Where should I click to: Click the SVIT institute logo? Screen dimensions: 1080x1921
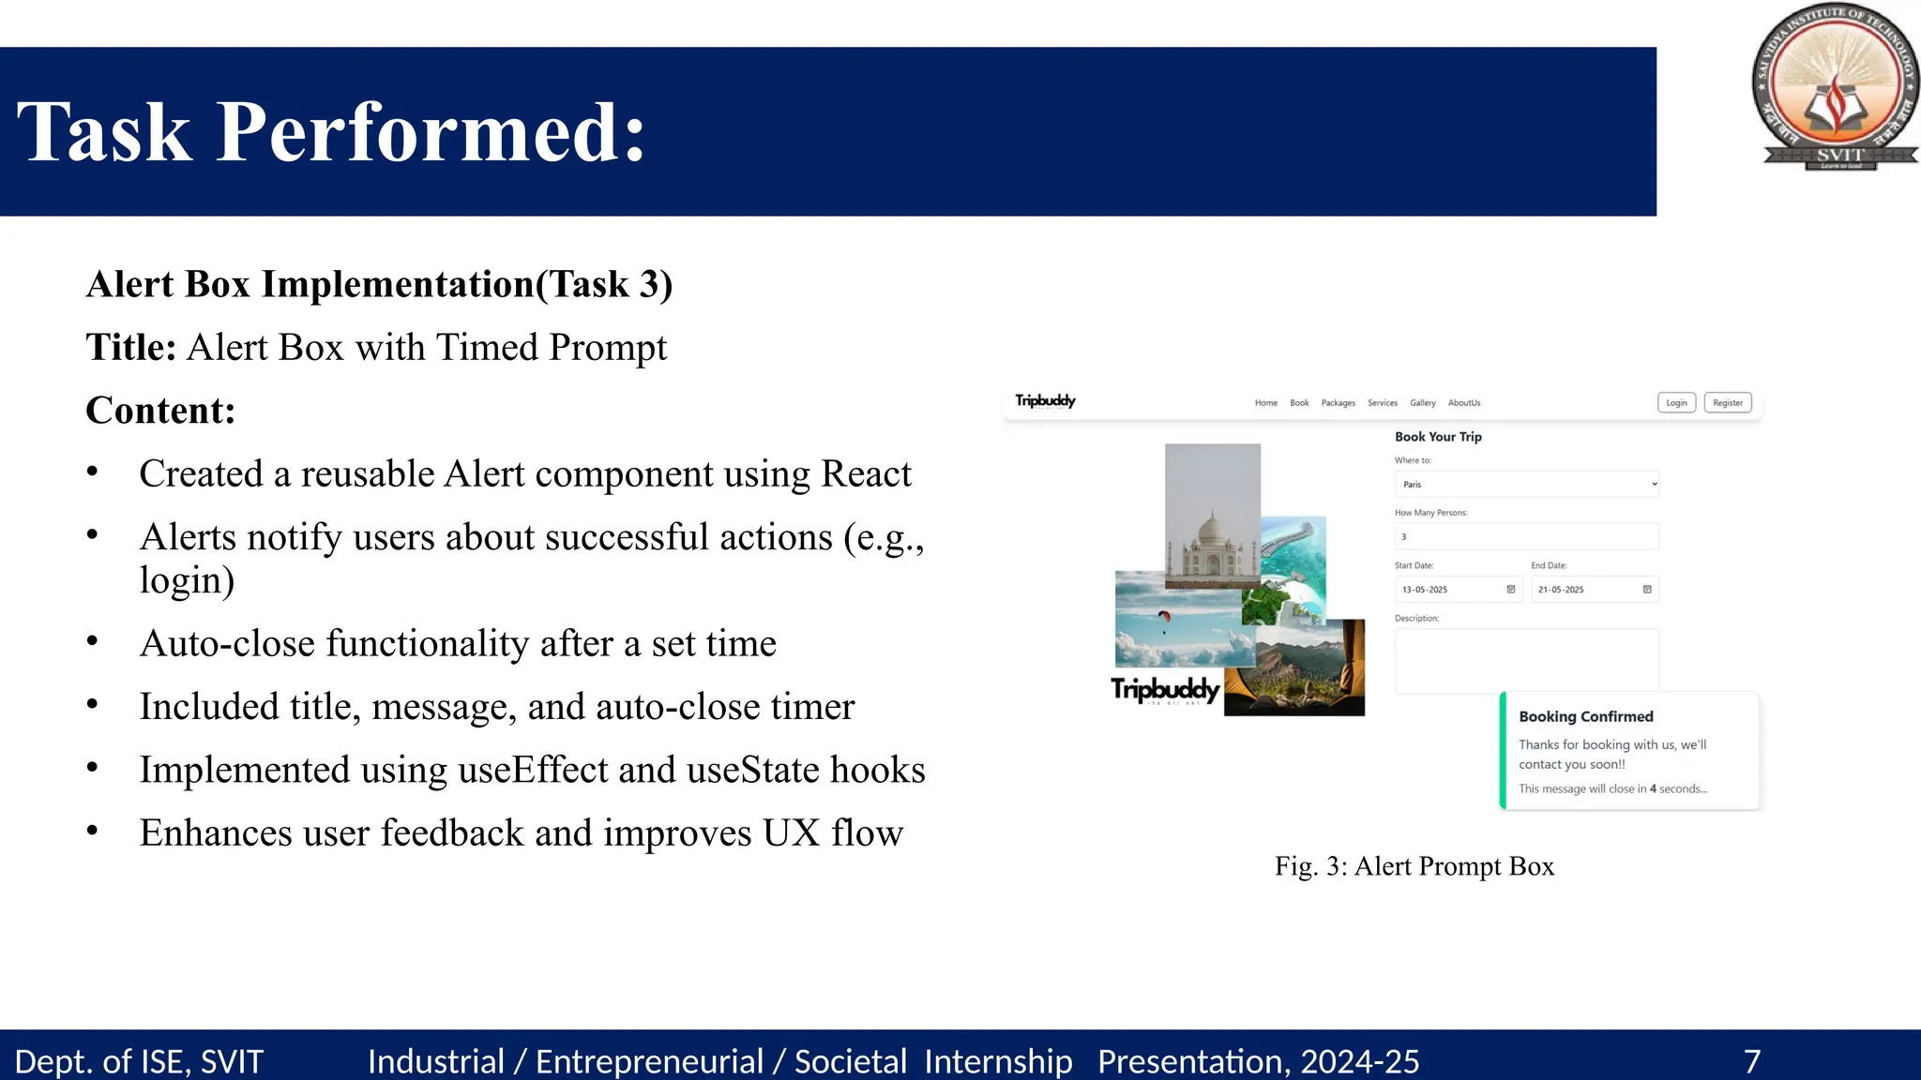(1836, 87)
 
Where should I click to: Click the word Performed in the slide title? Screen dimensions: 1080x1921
(431, 132)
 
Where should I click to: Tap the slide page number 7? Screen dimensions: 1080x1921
(1751, 1061)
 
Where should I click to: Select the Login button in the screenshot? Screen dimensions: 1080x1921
(1676, 403)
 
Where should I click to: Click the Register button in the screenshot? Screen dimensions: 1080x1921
(1728, 403)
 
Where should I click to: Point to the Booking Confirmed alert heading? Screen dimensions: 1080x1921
(1585, 716)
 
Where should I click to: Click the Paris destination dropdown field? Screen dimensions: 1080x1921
(1526, 484)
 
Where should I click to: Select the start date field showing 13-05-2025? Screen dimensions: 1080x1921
(1457, 590)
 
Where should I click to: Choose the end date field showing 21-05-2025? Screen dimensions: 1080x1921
(1594, 590)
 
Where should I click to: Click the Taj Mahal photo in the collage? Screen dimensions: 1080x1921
(1212, 525)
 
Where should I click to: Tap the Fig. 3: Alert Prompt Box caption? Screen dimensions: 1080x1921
(1414, 866)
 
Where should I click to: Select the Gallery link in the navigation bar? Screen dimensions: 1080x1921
(1422, 403)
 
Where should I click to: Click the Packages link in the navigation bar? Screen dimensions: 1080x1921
(1338, 403)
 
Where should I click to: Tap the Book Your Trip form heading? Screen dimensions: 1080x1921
(1438, 437)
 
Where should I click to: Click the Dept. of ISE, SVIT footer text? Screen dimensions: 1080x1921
(139, 1061)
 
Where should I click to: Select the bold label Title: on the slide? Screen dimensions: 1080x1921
(131, 348)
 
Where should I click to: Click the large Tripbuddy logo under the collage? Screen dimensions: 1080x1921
(1165, 691)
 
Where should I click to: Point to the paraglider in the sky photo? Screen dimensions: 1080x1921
(1164, 617)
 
